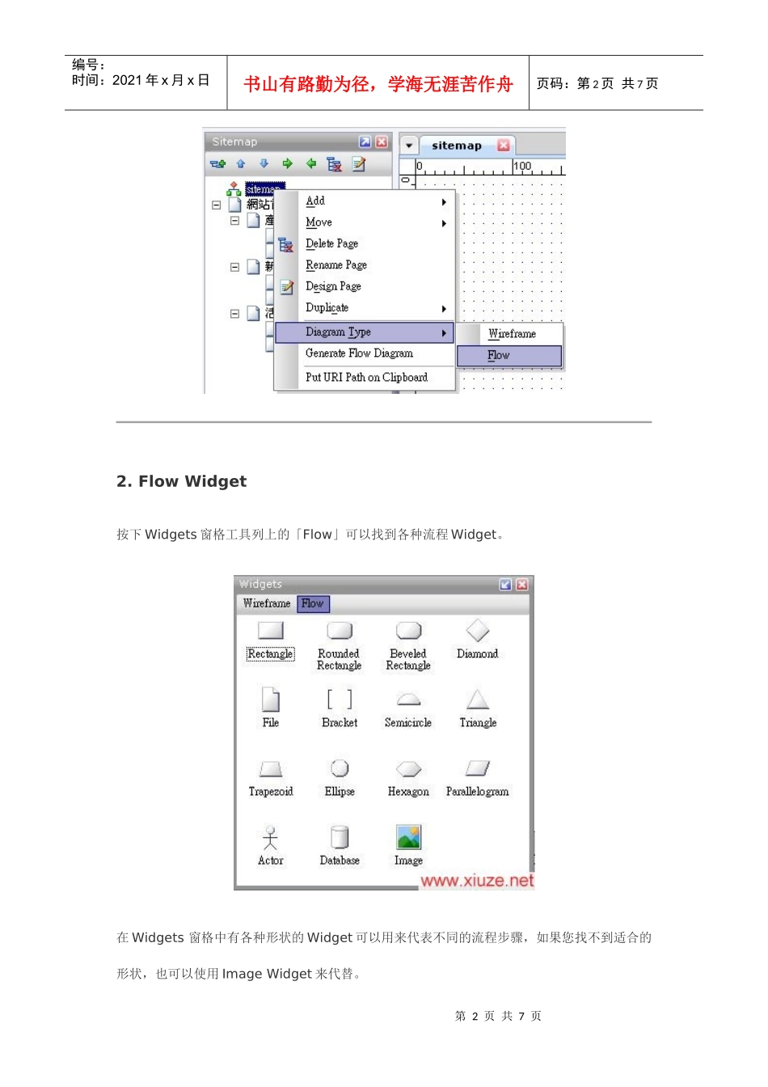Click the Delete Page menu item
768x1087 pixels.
[331, 243]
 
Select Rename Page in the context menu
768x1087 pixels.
[335, 265]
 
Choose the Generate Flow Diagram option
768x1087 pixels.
[359, 353]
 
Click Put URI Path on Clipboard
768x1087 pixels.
[366, 378]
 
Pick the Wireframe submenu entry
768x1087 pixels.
[512, 334]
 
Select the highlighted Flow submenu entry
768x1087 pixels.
[499, 356]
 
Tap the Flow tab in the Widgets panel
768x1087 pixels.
[312, 603]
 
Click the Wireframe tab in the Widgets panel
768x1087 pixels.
[266, 603]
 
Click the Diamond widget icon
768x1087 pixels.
[478, 631]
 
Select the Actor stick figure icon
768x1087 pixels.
[271, 838]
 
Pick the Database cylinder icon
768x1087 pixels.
[340, 838]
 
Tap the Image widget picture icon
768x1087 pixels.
[408, 838]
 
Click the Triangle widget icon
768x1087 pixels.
[478, 700]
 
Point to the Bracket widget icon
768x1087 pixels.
[340, 700]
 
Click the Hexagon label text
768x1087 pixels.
[408, 792]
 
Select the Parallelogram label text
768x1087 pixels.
[478, 792]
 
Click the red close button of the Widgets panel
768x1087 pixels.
[522, 584]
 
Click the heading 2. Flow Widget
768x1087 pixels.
[182, 482]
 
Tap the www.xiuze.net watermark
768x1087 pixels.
[477, 881]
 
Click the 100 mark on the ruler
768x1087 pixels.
[522, 166]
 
